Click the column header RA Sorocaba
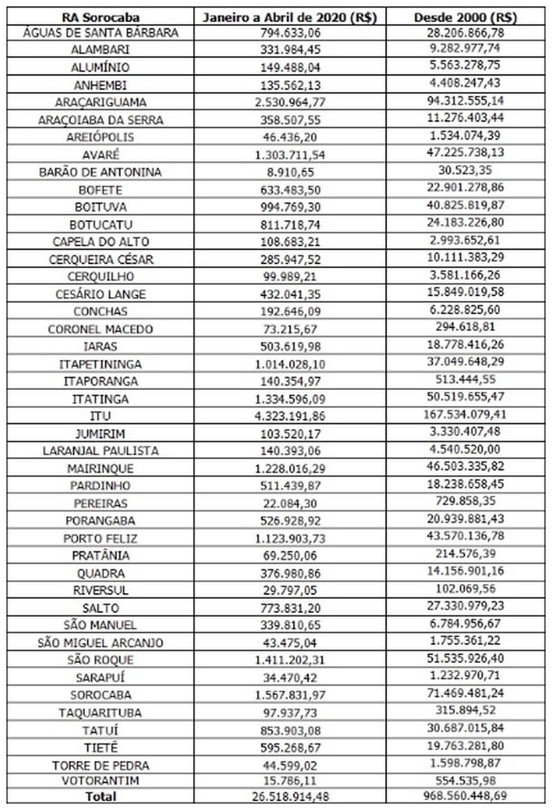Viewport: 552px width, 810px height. (100, 17)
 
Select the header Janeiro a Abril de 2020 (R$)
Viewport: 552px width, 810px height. (289, 17)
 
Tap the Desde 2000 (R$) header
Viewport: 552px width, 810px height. (465, 17)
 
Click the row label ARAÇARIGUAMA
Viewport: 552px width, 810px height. (100, 102)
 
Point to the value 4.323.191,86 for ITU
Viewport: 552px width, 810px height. (289, 416)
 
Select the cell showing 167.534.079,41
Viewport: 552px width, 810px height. (465, 415)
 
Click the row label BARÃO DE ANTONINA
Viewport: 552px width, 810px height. (100, 172)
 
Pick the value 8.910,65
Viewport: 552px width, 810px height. (289, 172)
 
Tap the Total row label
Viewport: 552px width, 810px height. (100, 797)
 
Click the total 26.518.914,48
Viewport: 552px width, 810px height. (289, 797)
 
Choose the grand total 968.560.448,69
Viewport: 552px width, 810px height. (465, 795)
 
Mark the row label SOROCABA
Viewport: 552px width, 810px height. (100, 695)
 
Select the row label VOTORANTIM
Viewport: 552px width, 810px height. (100, 780)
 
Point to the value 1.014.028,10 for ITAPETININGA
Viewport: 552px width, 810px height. (289, 364)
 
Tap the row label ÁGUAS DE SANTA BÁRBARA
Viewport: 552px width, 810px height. (100, 33)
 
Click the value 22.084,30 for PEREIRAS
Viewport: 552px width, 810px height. (289, 504)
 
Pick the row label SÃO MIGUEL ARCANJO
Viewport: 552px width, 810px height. (100, 643)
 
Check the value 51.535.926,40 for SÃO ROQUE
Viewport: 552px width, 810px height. (465, 658)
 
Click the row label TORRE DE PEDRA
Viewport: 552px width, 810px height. (100, 766)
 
